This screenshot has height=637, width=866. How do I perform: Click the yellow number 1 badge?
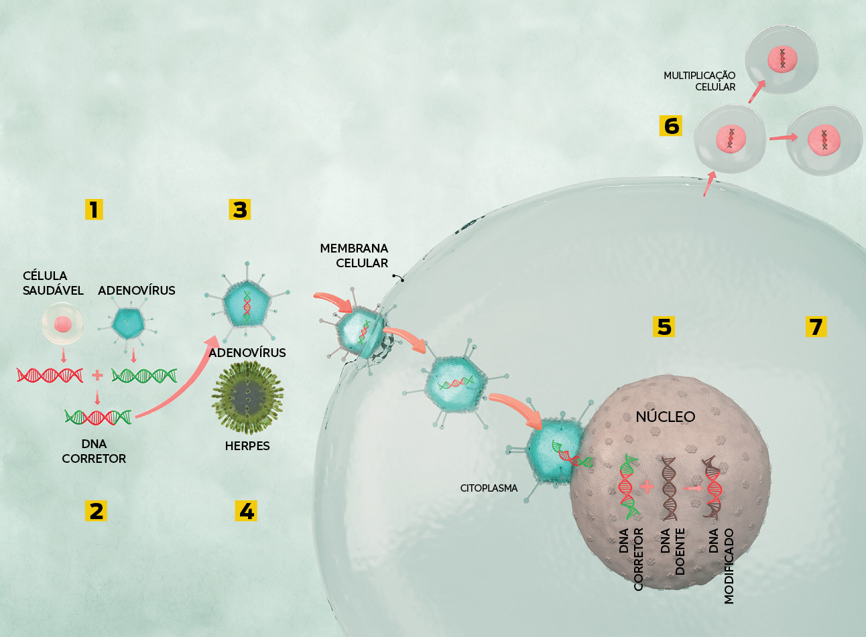pyautogui.click(x=94, y=210)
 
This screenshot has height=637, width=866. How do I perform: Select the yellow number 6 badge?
pyautogui.click(x=671, y=125)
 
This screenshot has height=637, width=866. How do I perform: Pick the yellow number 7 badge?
pyautogui.click(x=816, y=326)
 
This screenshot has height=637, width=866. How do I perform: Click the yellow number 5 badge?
pyautogui.click(x=664, y=326)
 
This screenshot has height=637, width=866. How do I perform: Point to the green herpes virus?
pyautogui.click(x=247, y=398)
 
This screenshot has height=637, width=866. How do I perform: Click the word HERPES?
pyautogui.click(x=247, y=446)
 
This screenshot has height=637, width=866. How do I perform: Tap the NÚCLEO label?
pyautogui.click(x=666, y=417)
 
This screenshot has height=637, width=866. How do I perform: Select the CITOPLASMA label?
pyautogui.click(x=489, y=488)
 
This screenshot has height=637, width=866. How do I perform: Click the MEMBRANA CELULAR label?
pyautogui.click(x=354, y=255)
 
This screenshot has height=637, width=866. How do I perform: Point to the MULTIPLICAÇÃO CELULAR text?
pyautogui.click(x=699, y=81)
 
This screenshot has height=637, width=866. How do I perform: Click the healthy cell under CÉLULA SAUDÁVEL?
pyautogui.click(x=62, y=324)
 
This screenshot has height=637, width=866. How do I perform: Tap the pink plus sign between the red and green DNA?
pyautogui.click(x=97, y=375)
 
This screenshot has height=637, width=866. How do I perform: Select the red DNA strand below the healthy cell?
pyautogui.click(x=50, y=375)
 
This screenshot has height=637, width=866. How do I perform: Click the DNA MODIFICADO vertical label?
pyautogui.click(x=721, y=566)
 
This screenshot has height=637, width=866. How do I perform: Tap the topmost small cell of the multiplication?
pyautogui.click(x=782, y=60)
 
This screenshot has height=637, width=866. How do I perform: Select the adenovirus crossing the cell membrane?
pyautogui.click(x=361, y=332)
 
